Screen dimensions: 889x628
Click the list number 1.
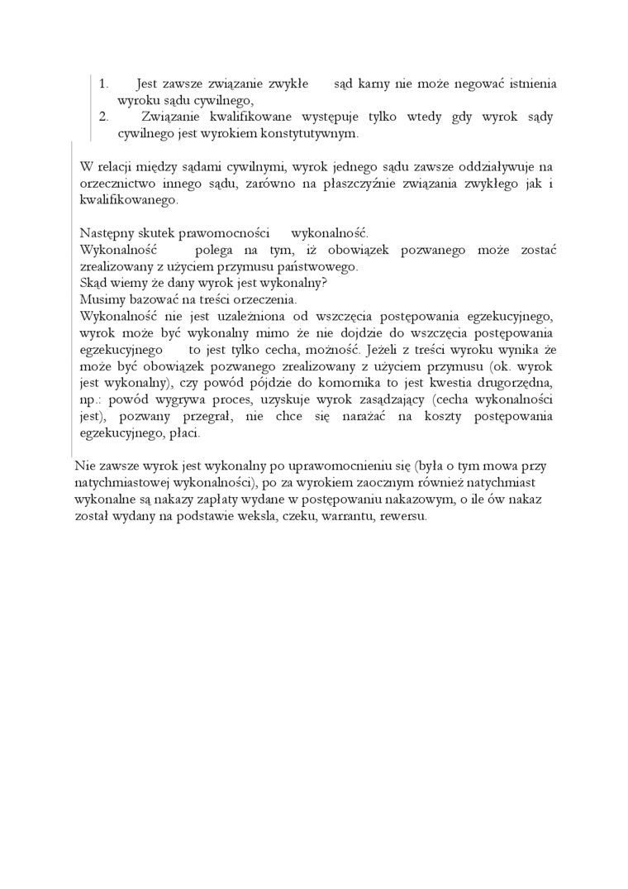pyautogui.click(x=104, y=84)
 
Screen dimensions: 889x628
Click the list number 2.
pyautogui.click(x=104, y=116)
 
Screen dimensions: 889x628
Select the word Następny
pyautogui.click(x=107, y=233)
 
